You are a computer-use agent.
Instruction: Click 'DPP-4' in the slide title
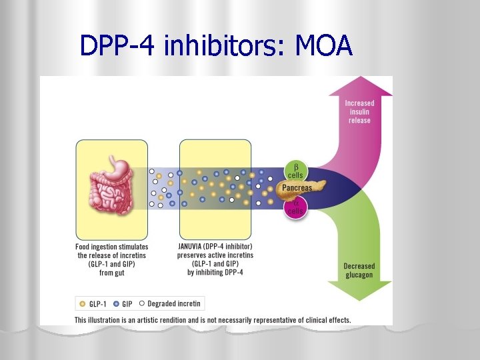pos(115,45)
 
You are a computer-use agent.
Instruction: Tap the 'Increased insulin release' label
pos(359,111)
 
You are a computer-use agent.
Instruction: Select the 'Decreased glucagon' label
pos(359,270)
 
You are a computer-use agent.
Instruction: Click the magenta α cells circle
pos(295,207)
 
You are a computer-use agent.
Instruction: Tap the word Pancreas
pos(297,188)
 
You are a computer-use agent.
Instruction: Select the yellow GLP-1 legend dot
pos(83,304)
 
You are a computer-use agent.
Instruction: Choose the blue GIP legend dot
pos(117,304)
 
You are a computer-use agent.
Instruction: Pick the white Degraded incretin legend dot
pos(142,304)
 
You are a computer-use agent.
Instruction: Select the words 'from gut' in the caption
pos(111,272)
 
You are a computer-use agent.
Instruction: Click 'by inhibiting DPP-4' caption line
pos(215,272)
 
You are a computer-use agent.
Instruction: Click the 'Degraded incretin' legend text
pos(174,304)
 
